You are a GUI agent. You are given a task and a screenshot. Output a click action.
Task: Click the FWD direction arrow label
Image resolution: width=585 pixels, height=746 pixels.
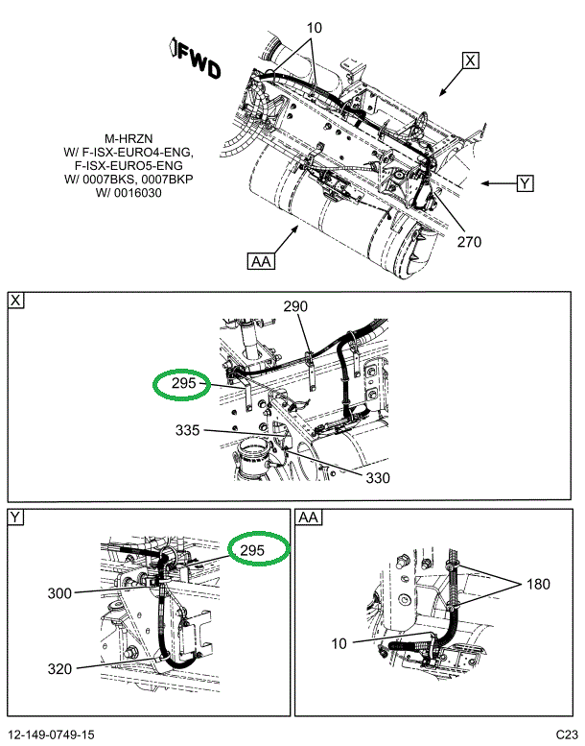[196, 58]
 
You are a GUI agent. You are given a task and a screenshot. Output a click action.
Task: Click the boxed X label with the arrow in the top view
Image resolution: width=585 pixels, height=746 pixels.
[470, 60]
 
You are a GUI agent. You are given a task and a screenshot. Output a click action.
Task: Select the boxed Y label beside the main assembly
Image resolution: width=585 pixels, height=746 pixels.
[525, 183]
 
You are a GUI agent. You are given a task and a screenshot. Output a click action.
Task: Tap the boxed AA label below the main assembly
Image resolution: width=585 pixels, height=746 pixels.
[261, 261]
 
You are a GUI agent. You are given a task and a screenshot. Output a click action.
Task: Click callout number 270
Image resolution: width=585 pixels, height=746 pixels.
[469, 242]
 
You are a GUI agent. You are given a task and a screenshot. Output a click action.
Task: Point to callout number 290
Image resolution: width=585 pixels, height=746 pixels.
[295, 306]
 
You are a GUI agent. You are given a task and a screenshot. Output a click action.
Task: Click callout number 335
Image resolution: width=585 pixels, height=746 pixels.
[187, 430]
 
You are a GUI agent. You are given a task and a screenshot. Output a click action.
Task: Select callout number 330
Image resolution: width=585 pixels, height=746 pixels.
[378, 478]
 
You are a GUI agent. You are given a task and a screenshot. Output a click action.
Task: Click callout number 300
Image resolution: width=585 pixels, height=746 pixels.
[59, 593]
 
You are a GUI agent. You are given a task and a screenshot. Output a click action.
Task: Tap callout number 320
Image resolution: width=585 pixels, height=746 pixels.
[59, 669]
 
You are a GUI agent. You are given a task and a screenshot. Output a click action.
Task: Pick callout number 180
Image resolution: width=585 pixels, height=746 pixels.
[538, 584]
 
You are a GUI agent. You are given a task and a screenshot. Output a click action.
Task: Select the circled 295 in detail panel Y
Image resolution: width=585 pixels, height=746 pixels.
[259, 548]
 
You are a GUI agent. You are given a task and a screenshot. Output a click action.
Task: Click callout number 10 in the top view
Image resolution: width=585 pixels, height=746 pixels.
[315, 28]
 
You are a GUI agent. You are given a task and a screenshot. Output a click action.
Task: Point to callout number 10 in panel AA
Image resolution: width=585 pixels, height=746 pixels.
[339, 643]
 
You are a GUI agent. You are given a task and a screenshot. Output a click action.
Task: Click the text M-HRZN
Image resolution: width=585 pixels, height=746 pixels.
[129, 139]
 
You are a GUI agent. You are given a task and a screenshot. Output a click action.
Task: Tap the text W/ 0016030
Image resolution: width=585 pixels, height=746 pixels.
[129, 193]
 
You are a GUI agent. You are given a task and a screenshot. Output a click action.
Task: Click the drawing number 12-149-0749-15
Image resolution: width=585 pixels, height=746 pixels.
[52, 734]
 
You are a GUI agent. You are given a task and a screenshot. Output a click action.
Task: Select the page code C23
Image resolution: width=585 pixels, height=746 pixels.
[567, 734]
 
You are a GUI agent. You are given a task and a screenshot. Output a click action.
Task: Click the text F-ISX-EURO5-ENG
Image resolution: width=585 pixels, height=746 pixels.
[129, 166]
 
